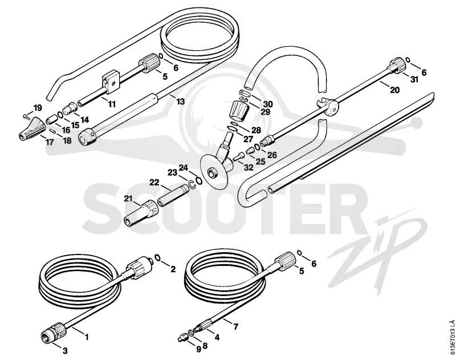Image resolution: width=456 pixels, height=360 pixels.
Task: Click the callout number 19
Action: [x=37, y=108]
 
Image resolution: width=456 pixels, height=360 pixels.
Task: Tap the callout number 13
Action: [x=180, y=102]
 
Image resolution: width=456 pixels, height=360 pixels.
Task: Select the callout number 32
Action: [x=249, y=167]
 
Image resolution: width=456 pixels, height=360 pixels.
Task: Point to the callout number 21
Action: [x=128, y=199]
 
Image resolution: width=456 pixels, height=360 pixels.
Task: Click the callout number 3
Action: [x=65, y=351]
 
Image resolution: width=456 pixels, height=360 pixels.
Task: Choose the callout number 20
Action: [x=394, y=90]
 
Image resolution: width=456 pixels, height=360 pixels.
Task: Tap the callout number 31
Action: [x=414, y=79]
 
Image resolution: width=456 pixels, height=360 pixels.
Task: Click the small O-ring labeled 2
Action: [x=158, y=257]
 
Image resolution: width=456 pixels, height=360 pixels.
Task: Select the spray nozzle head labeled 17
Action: [x=32, y=127]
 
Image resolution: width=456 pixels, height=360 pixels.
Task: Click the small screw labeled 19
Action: [x=26, y=117]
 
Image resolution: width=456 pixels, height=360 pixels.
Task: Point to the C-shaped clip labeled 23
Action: [x=192, y=184]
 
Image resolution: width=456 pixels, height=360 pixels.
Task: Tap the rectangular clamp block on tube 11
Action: [x=111, y=84]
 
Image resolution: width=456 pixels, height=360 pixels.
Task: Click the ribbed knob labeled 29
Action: [x=239, y=111]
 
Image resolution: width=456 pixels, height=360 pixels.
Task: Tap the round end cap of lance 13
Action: [x=88, y=138]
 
